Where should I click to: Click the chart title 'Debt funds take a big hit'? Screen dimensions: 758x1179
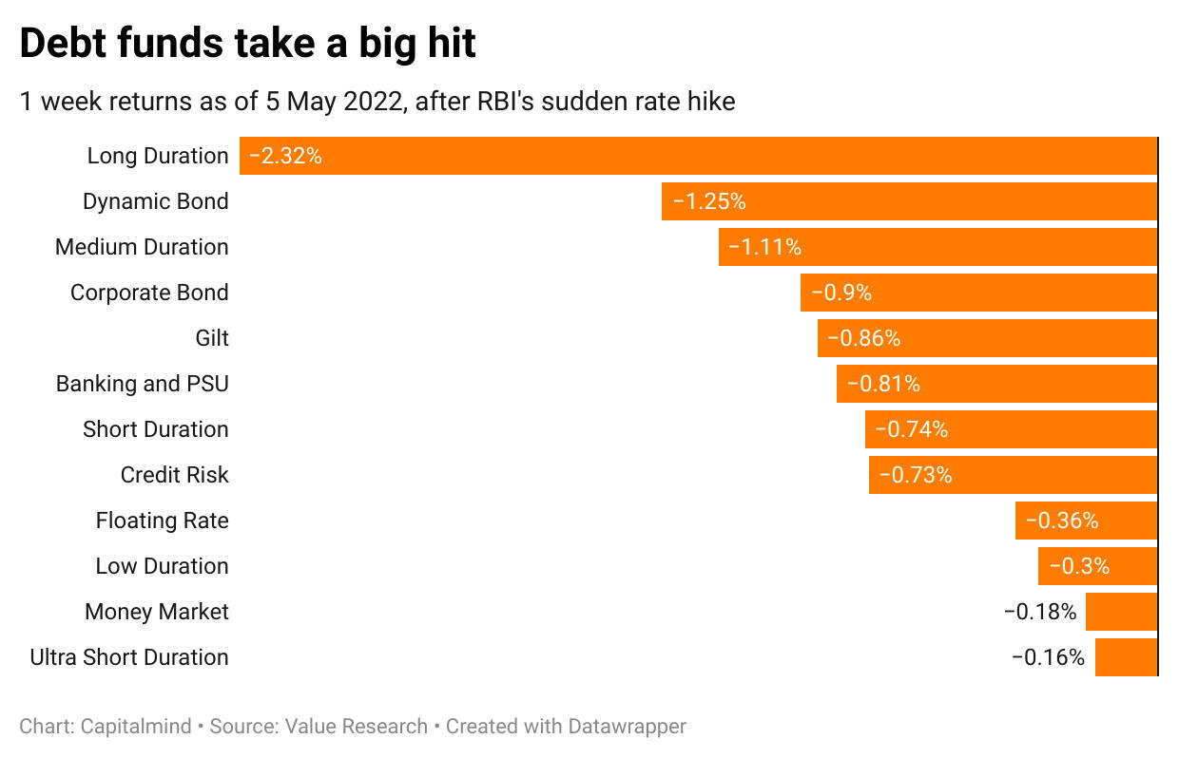247,44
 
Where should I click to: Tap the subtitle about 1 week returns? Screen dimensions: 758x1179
377,102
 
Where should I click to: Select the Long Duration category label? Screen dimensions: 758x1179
158,156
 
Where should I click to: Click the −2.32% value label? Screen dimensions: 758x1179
285,156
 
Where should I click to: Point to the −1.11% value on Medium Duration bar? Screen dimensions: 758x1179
764,247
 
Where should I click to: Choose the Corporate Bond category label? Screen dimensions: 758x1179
149,293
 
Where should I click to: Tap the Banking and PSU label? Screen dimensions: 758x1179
143,384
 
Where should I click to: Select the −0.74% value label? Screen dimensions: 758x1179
911,429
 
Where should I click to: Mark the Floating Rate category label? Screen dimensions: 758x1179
162,521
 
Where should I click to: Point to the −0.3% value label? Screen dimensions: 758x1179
1078,566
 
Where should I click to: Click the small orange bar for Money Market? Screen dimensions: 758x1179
1121,612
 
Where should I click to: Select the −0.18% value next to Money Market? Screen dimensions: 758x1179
1040,612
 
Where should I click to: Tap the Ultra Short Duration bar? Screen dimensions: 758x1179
1126,657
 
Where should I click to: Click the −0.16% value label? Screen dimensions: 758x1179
1047,657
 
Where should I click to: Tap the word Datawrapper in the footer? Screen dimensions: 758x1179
627,727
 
